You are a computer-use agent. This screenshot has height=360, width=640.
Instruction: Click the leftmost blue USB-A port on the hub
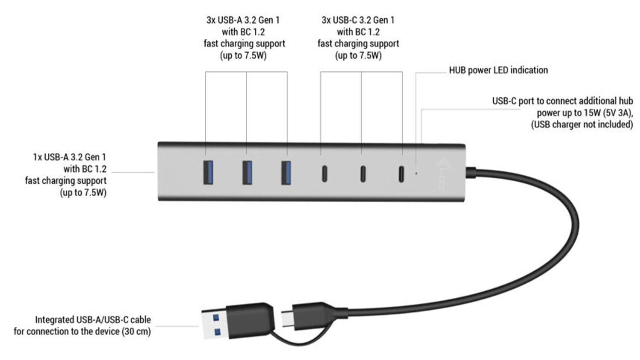coord(208,172)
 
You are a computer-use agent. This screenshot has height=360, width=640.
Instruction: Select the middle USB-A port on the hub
coord(247,172)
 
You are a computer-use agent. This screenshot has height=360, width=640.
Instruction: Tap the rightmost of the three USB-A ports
coord(286,172)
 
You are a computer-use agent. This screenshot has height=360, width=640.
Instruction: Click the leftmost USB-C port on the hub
coord(325,174)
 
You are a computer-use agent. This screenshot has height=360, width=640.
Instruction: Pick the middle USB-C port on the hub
coord(363,174)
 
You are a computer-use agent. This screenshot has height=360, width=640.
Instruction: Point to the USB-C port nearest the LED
coord(401,174)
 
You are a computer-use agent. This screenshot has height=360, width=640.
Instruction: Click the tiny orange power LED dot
coord(416,173)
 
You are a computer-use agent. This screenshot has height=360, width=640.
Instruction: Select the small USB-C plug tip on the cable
coord(288,319)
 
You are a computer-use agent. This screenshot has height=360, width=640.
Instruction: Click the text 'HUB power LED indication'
coord(498,70)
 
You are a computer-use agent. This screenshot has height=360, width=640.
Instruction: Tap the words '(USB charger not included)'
coord(582,125)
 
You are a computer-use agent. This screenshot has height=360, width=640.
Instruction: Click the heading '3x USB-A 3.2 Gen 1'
coord(244,20)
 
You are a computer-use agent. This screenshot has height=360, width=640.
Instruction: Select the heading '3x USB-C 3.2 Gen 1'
coord(358,20)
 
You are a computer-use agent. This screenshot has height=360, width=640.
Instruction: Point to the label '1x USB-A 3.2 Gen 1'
coord(70,157)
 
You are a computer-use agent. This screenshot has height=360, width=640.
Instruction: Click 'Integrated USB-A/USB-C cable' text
coord(93,320)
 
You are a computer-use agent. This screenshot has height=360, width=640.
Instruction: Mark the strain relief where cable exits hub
coord(471,173)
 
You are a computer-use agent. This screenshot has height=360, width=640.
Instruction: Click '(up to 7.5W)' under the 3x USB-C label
coord(358,55)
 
